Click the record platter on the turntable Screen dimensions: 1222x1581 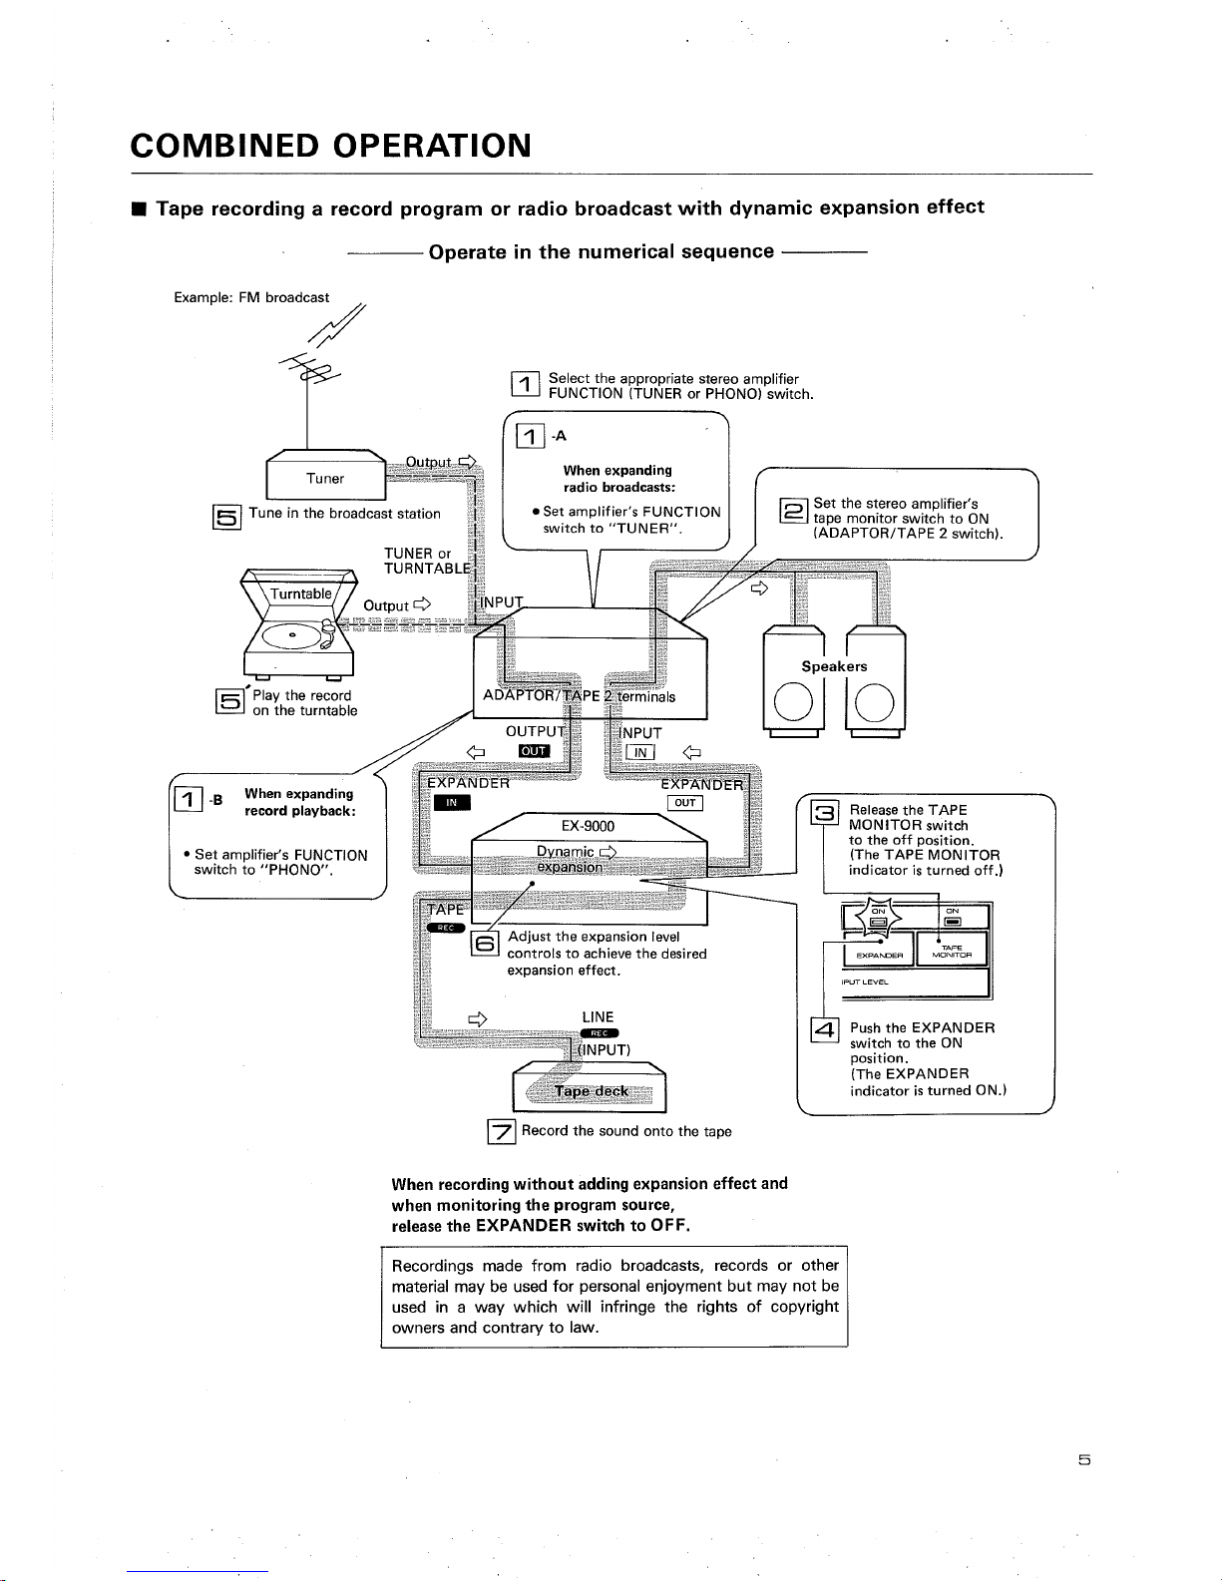(x=291, y=635)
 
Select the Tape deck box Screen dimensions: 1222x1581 (x=590, y=1087)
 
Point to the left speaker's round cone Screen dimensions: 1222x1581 (x=793, y=702)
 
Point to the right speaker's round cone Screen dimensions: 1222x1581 (x=874, y=703)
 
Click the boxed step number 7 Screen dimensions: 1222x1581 (x=501, y=1132)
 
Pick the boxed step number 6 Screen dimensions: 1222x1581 (x=485, y=944)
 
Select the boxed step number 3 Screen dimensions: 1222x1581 (x=824, y=811)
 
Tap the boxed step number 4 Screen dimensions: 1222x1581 (x=825, y=1030)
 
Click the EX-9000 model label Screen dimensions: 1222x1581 (x=588, y=826)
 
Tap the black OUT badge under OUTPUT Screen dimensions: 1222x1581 (x=534, y=751)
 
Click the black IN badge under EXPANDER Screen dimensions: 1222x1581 (x=452, y=803)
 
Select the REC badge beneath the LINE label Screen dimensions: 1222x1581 (x=600, y=1033)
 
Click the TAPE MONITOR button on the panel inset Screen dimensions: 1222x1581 (x=952, y=950)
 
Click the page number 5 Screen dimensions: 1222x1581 (x=1083, y=1459)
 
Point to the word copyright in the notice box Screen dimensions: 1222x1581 (x=804, y=1307)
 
